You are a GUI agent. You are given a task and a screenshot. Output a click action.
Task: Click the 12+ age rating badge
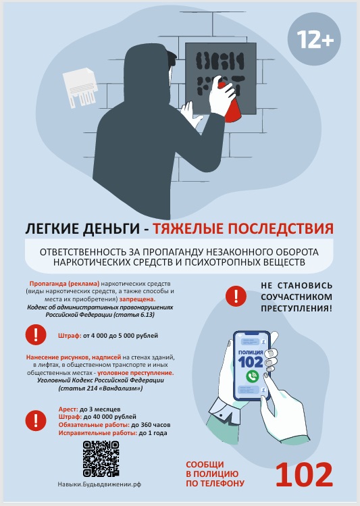tap(314, 39)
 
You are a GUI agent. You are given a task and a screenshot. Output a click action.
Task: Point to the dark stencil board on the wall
tap(221, 79)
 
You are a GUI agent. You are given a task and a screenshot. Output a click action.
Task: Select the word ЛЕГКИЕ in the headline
tap(51, 229)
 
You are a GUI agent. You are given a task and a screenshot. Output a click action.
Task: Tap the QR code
tap(101, 459)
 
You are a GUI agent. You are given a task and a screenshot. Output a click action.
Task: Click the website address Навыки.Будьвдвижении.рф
tap(99, 484)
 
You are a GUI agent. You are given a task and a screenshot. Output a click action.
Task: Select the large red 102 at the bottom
tap(304, 474)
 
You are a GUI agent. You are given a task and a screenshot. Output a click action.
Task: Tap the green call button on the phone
tap(252, 376)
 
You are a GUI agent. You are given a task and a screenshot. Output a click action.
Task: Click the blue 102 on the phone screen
tap(251, 361)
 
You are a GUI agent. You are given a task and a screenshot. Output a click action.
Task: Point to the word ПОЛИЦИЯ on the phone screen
tap(251, 352)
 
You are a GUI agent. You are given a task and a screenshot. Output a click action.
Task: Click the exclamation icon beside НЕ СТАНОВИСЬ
tap(236, 296)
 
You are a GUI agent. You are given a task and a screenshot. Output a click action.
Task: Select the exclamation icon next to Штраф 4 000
tap(36, 334)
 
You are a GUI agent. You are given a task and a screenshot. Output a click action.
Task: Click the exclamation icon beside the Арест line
tap(36, 420)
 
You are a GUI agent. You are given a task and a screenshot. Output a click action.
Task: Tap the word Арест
tap(68, 409)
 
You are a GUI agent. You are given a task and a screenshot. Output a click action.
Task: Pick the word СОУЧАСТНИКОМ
tap(297, 297)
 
